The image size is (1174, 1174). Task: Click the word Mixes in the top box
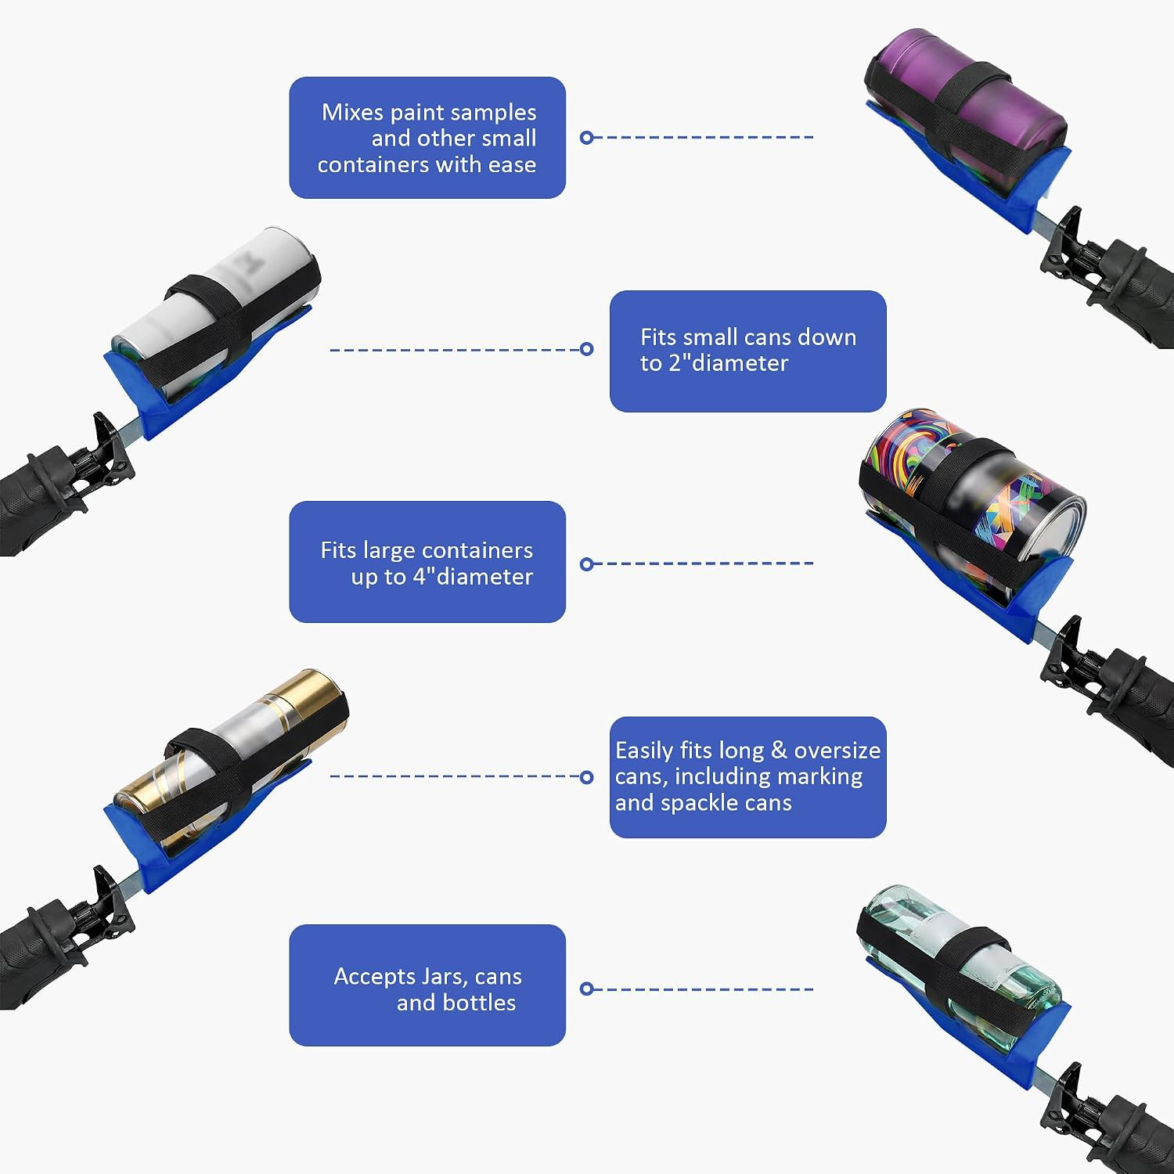(x=353, y=113)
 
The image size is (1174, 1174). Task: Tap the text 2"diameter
(x=728, y=363)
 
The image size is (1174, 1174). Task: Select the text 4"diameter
(x=473, y=577)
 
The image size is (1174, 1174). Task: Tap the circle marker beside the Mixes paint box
(x=586, y=138)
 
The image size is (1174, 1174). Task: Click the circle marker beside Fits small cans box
(x=586, y=349)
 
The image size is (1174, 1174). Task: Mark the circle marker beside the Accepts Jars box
(x=586, y=989)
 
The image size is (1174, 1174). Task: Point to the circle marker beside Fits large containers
(x=586, y=564)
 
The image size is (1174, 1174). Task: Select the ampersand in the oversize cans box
(x=779, y=751)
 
